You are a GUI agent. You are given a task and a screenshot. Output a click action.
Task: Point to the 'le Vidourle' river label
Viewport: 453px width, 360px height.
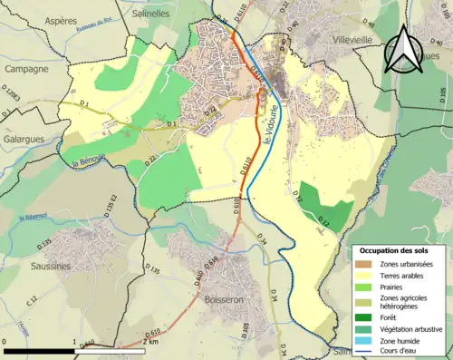(268, 136)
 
